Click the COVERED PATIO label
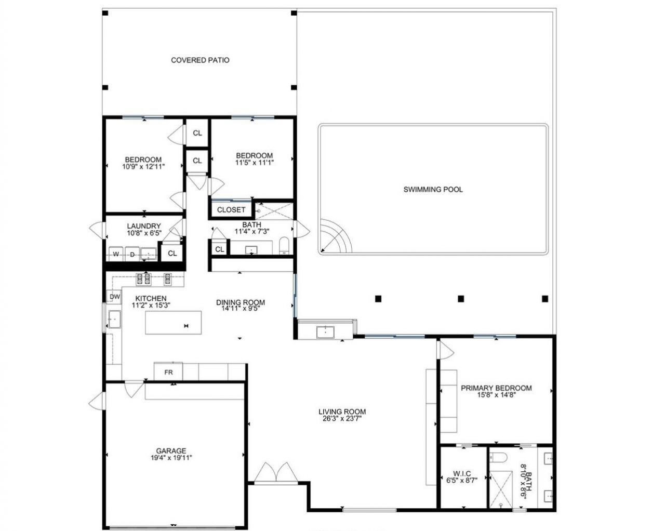pos(200,60)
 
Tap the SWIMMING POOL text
pos(433,190)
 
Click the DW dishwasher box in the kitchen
pos(115,297)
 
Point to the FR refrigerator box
pos(168,372)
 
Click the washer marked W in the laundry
pos(116,255)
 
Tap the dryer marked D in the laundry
pos(132,255)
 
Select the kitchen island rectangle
pos(173,323)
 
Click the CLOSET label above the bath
pos(231,210)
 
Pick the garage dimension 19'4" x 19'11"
pos(171,458)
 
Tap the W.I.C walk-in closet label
pos(462,473)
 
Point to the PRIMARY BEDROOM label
pos(496,388)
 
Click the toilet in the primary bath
pos(498,458)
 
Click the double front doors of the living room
pos(273,473)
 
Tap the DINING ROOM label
pos(241,302)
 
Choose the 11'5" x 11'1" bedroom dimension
pos(254,162)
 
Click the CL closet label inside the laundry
pos(172,254)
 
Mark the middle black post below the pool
pos(460,299)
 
